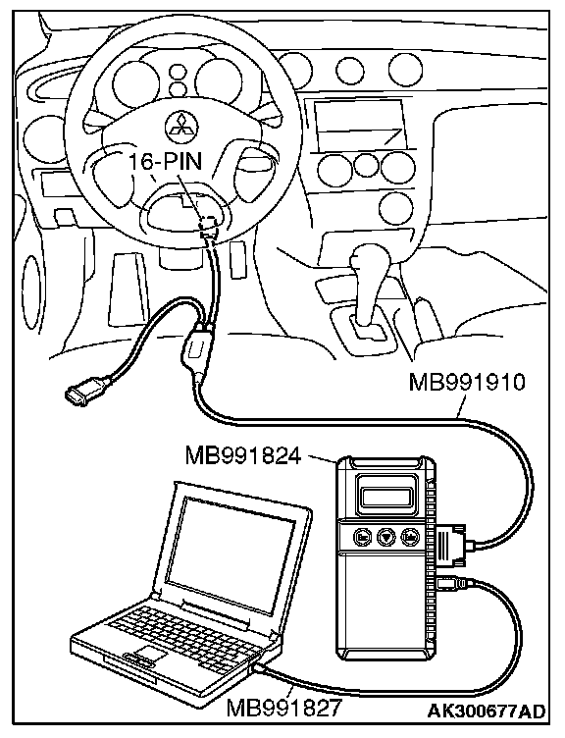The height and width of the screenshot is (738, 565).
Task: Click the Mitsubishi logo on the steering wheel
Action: [x=181, y=127]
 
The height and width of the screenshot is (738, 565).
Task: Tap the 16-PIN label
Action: [x=165, y=161]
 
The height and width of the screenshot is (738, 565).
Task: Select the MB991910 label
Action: [x=466, y=382]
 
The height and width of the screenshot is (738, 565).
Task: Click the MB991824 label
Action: [x=243, y=455]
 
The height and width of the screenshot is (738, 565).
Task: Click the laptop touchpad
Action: [x=150, y=654]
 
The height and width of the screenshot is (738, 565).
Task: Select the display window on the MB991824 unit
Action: [x=386, y=496]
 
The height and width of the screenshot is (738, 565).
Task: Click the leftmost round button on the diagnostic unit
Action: [x=363, y=537]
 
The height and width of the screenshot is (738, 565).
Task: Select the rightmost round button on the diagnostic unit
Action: [x=409, y=537]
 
